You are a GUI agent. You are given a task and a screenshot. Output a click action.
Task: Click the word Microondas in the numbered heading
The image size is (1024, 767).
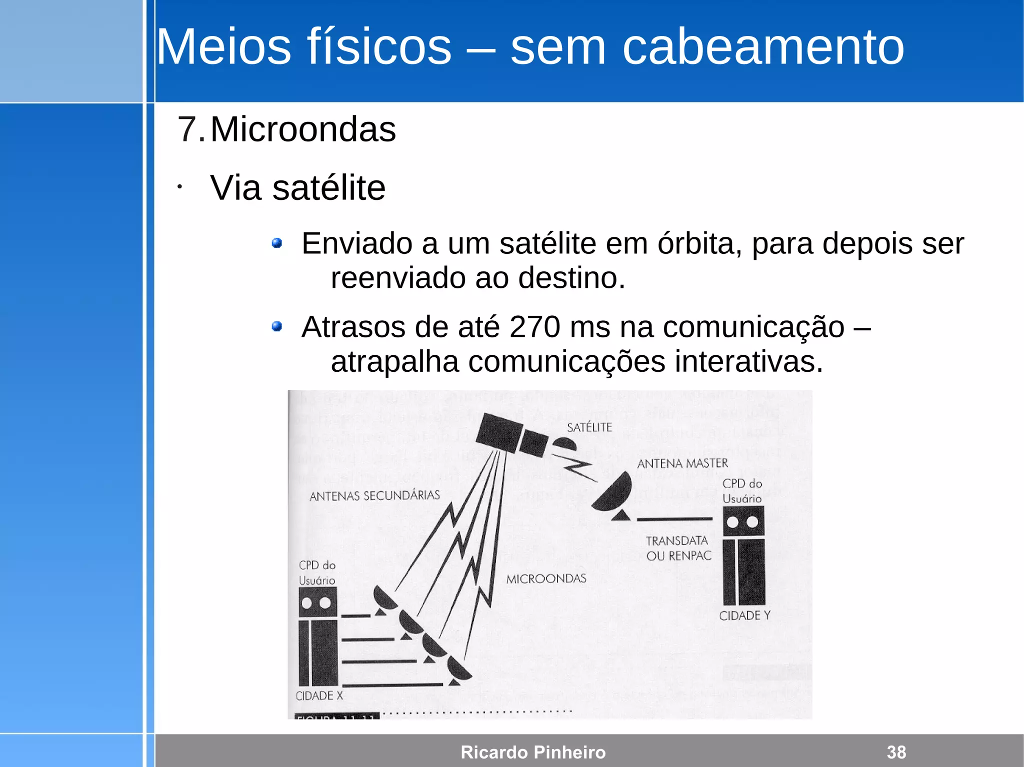point(303,129)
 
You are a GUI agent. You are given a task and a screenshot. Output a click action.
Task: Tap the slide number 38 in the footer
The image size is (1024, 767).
point(896,752)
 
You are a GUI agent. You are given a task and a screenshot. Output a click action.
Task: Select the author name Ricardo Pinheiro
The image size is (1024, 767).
point(533,752)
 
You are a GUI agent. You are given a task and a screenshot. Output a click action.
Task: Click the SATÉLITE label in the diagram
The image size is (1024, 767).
point(589,427)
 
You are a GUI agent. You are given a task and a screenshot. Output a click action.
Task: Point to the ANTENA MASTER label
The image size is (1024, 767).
point(682,463)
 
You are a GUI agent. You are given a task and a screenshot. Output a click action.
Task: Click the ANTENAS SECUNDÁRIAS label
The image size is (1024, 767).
point(374,496)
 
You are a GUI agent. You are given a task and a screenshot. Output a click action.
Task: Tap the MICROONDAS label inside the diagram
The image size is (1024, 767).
point(546,579)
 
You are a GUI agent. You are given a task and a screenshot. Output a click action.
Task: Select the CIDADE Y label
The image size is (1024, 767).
point(744,616)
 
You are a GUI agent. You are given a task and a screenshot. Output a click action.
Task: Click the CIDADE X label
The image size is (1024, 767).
point(319,696)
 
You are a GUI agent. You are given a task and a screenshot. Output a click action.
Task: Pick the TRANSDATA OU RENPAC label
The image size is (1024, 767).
point(678,548)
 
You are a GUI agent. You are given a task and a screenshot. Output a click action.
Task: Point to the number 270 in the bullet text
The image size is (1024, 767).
point(534,327)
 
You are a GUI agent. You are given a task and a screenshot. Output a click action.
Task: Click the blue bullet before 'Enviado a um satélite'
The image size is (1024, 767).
point(276,243)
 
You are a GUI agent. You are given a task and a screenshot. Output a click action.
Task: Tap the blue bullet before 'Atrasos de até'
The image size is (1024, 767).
point(276,327)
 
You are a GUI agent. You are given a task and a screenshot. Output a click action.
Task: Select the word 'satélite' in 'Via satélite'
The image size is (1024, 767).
point(328,188)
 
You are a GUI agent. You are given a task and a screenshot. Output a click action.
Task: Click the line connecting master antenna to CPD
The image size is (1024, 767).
point(674,519)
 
